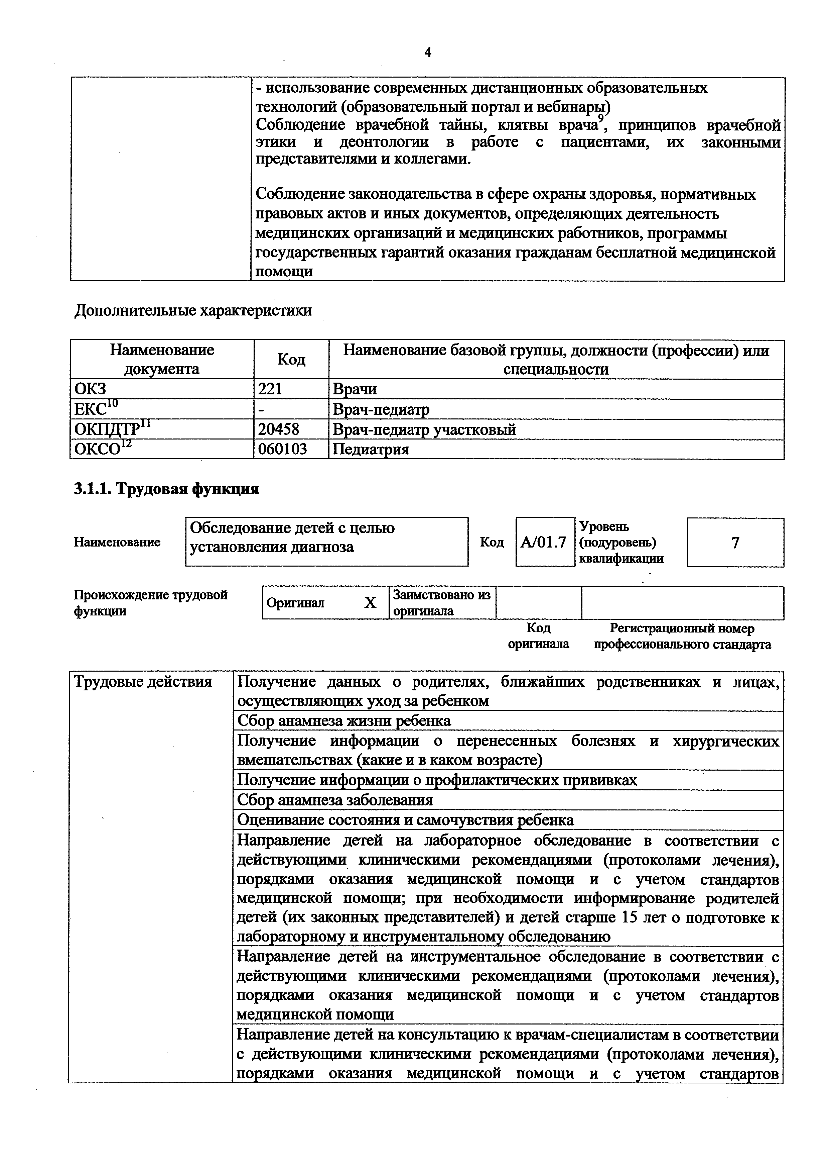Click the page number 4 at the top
pos(428,53)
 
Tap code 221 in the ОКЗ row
pos(270,389)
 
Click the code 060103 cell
pos(282,450)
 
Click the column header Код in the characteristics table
pos(291,360)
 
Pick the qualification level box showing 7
pos(735,543)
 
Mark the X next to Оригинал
pos(370,603)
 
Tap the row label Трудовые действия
pos(143,682)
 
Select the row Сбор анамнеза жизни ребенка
pos(344,721)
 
